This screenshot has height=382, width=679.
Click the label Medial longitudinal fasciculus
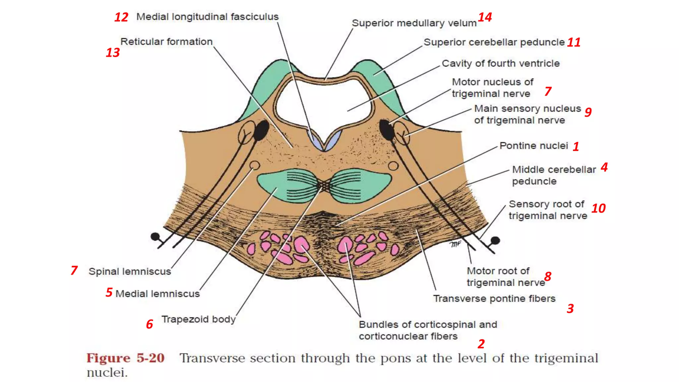click(207, 17)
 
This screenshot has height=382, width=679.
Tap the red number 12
click(121, 17)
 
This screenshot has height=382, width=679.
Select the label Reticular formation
click(166, 42)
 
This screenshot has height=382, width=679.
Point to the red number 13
click(112, 53)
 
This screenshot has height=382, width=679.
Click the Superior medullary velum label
click(414, 23)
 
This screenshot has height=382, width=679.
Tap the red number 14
click(485, 17)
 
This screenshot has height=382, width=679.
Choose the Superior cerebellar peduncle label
click(494, 42)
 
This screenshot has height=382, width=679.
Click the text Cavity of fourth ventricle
click(501, 63)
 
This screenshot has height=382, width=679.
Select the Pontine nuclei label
click(533, 146)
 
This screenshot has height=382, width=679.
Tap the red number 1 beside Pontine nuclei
click(576, 147)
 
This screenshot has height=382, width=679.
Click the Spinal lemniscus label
click(130, 272)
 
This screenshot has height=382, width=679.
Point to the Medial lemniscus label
click(157, 294)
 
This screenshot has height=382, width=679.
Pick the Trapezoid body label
click(198, 319)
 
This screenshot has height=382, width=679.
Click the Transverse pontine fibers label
click(494, 299)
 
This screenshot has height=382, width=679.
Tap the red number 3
click(570, 309)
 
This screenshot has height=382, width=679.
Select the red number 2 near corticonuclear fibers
click(481, 344)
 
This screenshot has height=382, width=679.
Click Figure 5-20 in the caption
click(125, 358)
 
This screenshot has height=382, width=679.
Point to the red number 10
click(598, 209)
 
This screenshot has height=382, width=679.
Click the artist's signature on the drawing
click(456, 244)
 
